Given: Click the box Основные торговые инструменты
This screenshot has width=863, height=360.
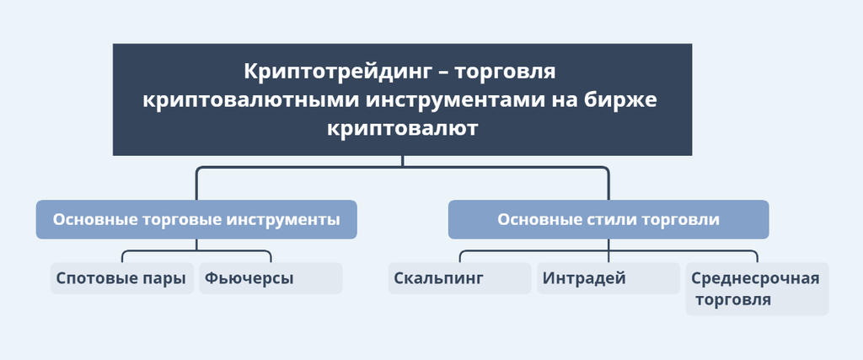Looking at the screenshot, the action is (x=196, y=219).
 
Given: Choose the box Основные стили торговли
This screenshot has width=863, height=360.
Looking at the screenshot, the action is (x=608, y=219).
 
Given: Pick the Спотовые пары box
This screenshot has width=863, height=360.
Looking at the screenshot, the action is (x=121, y=278).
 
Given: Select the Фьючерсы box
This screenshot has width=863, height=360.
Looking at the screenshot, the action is (x=271, y=278).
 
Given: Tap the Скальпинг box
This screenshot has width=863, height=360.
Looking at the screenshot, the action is (x=460, y=278).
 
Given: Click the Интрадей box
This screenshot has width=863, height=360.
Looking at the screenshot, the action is (x=608, y=278).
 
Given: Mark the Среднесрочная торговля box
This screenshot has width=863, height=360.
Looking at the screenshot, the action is (x=756, y=288).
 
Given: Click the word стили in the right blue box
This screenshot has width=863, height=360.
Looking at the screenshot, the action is (x=616, y=219).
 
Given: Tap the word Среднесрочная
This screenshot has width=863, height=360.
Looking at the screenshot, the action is (x=755, y=278).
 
